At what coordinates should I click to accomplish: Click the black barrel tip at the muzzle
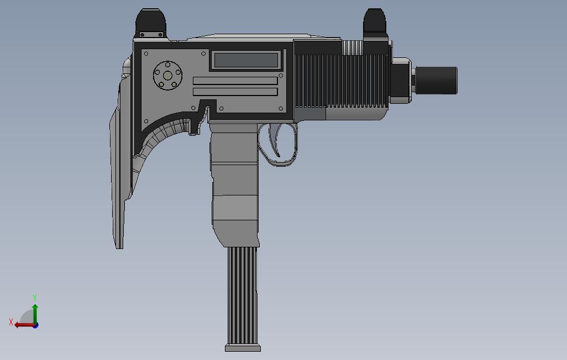[x=437, y=80]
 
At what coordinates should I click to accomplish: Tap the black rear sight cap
[x=150, y=23]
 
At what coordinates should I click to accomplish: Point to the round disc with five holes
[x=167, y=76]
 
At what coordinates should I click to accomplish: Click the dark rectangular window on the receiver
[x=246, y=60]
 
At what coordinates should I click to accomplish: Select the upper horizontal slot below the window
[x=235, y=81]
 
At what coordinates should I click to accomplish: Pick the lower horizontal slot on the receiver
[x=235, y=91]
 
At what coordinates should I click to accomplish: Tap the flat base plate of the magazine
[x=243, y=348]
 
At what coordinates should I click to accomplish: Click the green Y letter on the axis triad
[x=35, y=298]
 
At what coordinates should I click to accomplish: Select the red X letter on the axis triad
[x=11, y=322]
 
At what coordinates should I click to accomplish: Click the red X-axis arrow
[x=23, y=325]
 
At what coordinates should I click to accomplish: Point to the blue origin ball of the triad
[x=35, y=325]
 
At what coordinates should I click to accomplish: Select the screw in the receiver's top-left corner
[x=146, y=54]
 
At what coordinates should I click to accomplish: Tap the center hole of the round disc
[x=167, y=76]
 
